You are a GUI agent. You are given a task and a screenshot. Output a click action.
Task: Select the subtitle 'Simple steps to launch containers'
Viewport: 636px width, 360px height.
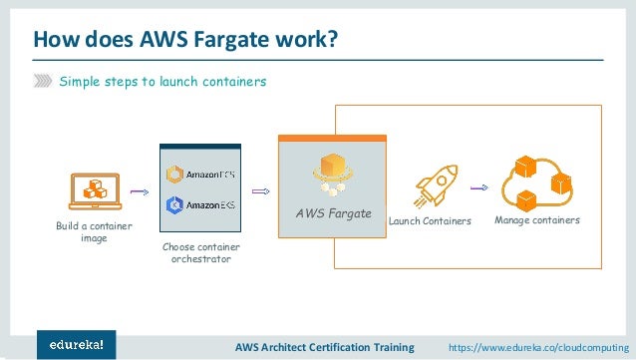[x=162, y=82]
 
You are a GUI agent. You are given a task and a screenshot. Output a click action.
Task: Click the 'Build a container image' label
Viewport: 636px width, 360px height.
[x=94, y=232]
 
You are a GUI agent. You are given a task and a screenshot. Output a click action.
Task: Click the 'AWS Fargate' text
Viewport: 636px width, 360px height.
[x=333, y=214]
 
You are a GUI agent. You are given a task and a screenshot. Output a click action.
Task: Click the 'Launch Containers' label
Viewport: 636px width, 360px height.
[x=429, y=220]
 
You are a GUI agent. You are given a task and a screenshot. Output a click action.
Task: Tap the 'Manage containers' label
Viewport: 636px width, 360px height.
[x=537, y=219]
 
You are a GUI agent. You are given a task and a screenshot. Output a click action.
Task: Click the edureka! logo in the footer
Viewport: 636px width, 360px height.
[x=76, y=344]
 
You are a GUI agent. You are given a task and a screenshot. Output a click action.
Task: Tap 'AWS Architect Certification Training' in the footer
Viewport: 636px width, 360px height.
[x=324, y=347]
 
